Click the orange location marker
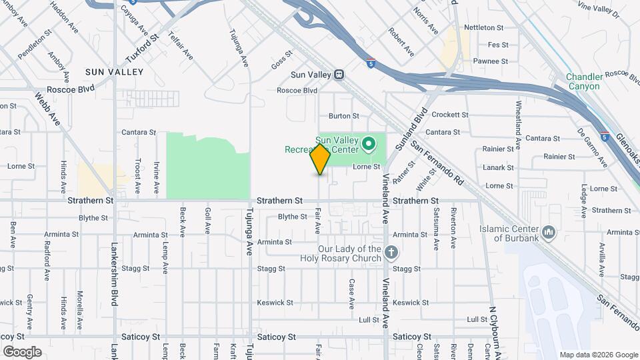[x=321, y=159]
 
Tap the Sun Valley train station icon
[x=339, y=75]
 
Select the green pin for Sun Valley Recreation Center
[x=367, y=143]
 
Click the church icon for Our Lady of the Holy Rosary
[x=391, y=253]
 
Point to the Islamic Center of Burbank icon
[x=549, y=231]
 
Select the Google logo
[x=22, y=351]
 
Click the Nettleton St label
[x=483, y=27]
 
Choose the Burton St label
[x=344, y=116]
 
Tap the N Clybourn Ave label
[x=494, y=327]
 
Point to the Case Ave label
[x=351, y=294]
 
